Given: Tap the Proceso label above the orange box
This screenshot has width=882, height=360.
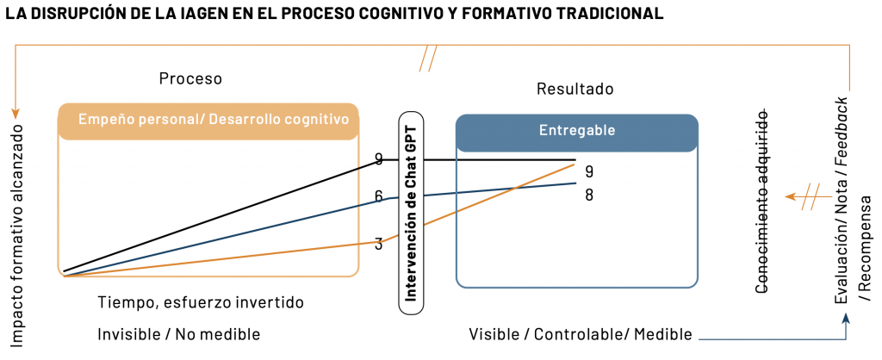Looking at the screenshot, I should click(x=190, y=78).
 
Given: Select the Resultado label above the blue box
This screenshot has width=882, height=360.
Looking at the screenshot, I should click(x=575, y=89).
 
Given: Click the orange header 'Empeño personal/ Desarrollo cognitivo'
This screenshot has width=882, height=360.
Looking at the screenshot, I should click(x=208, y=120).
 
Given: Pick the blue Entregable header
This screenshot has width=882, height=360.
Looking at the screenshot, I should click(x=577, y=131).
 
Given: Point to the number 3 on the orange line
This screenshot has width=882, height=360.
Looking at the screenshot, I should click(x=379, y=245).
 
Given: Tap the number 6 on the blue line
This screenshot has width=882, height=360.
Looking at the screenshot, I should click(x=379, y=196).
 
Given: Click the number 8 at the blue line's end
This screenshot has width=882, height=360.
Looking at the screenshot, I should click(x=589, y=195).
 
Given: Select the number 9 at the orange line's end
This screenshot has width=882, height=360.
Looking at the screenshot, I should click(x=589, y=171).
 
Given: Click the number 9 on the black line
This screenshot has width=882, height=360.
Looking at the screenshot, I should click(x=379, y=158).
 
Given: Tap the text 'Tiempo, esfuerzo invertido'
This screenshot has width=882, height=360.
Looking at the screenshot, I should click(x=201, y=303).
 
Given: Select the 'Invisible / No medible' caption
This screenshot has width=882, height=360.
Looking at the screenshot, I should click(x=178, y=334).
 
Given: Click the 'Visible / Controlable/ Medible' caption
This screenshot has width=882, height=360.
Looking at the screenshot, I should click(x=581, y=334).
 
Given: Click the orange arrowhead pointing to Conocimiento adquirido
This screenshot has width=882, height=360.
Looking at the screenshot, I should click(x=789, y=197).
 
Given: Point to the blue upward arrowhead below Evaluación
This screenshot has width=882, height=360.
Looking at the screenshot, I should click(x=847, y=318).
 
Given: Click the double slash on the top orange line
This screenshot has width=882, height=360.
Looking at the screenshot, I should click(x=428, y=60).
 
